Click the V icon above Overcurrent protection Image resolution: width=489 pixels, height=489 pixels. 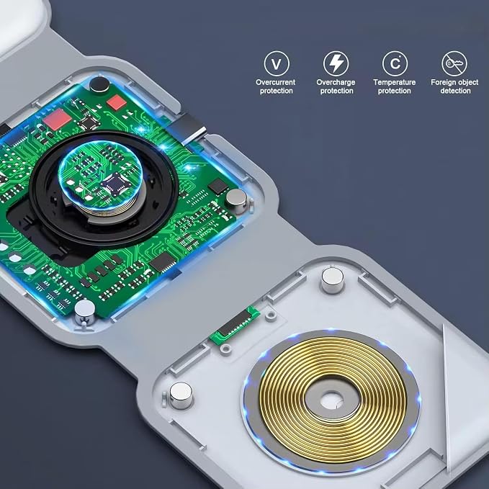pyautogui.click(x=277, y=63)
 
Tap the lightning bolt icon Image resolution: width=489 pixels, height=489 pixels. pyautogui.click(x=336, y=63)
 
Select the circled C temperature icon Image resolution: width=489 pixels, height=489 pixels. pyautogui.click(x=395, y=63)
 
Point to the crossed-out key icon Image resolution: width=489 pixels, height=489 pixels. pyautogui.click(x=454, y=63)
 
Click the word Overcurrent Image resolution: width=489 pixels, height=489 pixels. pyautogui.click(x=275, y=82)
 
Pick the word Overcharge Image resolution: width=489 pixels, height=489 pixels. pyautogui.click(x=336, y=82)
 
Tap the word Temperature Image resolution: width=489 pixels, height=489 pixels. pyautogui.click(x=395, y=82)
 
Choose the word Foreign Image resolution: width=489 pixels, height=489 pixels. pyautogui.click(x=442, y=82)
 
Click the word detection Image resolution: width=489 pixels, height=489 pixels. pyautogui.click(x=455, y=91)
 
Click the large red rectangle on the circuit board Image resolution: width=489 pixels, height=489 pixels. pyautogui.click(x=58, y=120)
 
